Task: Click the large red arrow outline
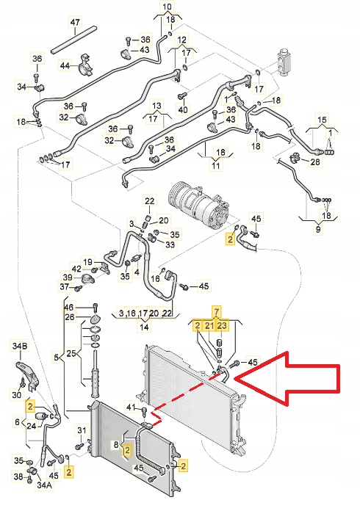(x=339, y=377)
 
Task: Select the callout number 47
(x=75, y=22)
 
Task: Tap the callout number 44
(x=65, y=65)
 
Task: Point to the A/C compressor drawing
(x=198, y=206)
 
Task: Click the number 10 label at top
(x=167, y=7)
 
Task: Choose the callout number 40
(x=183, y=109)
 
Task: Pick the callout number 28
(x=315, y=162)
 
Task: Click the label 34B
(x=20, y=346)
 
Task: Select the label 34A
(x=44, y=485)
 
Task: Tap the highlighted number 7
(x=217, y=312)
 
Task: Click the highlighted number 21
(x=209, y=325)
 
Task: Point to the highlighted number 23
(x=222, y=325)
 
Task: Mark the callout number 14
(x=144, y=327)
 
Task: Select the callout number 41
(x=131, y=407)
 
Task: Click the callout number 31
(x=82, y=430)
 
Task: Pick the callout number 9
(x=318, y=229)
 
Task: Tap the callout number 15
(x=322, y=119)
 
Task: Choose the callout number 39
(x=68, y=278)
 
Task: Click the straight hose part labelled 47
(x=73, y=40)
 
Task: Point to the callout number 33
(x=170, y=244)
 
